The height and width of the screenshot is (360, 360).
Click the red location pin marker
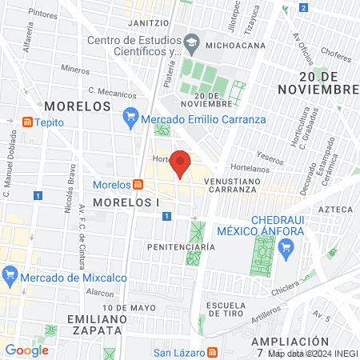pyautogui.click(x=180, y=162)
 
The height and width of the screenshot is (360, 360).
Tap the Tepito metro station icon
pyautogui.click(x=27, y=122)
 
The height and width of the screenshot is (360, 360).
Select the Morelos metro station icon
pyautogui.click(x=138, y=185)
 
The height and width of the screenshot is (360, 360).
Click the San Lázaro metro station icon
pyautogui.click(x=212, y=352)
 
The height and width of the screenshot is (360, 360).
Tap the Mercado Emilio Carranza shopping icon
pyautogui.click(x=130, y=119)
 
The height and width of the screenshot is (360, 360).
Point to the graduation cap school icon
pyautogui.click(x=192, y=42)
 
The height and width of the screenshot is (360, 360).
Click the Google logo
pyautogui.click(x=26, y=350)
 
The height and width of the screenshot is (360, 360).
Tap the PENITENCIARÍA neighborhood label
pyautogui.click(x=181, y=247)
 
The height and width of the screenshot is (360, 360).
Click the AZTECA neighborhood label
pyautogui.click(x=335, y=209)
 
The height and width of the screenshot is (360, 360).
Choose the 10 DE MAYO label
pyautogui.click(x=128, y=307)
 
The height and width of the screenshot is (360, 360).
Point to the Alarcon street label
pyautogui.click(x=100, y=293)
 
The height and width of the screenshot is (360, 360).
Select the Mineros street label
pyautogui.click(x=74, y=70)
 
